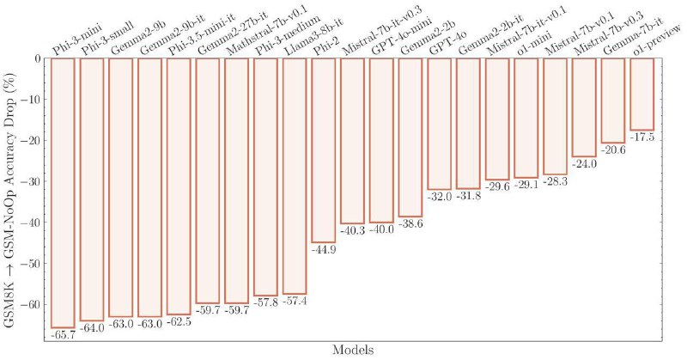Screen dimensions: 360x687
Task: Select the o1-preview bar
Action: (641, 94)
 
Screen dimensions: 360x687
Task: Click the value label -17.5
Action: (641, 137)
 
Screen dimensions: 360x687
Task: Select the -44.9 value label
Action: (324, 250)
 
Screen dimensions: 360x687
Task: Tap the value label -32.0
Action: (439, 197)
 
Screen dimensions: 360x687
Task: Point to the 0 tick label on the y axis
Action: (38, 58)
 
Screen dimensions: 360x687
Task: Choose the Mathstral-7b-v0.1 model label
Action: (255, 33)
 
